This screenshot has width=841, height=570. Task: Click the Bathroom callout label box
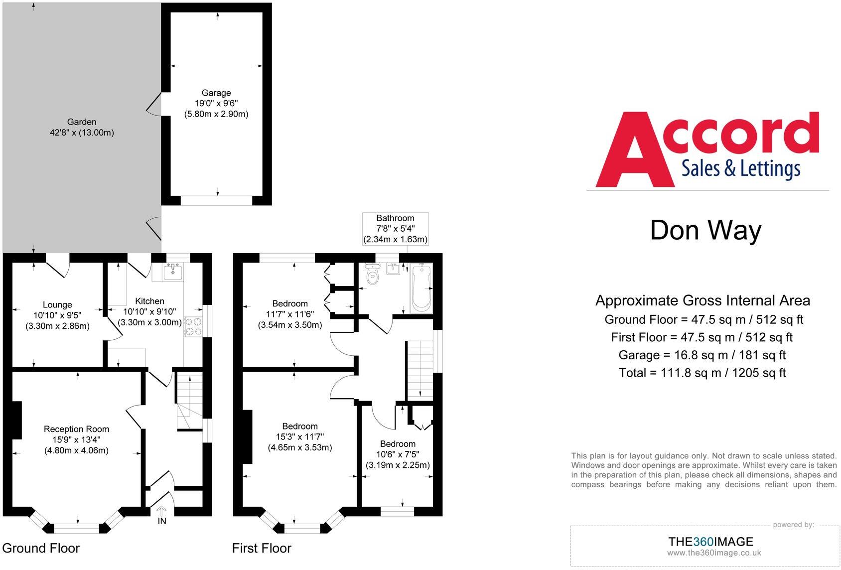(x=395, y=229)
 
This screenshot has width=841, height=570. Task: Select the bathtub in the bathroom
(x=421, y=288)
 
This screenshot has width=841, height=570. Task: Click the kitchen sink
(x=172, y=271)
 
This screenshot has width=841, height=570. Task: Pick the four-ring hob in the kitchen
(x=193, y=326)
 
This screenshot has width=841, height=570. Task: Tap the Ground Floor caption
(x=41, y=548)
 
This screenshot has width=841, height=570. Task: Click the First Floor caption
(x=262, y=548)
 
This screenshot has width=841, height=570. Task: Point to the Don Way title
(x=705, y=230)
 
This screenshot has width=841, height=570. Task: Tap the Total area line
(x=702, y=373)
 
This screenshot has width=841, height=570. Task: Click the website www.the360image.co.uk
(x=714, y=553)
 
